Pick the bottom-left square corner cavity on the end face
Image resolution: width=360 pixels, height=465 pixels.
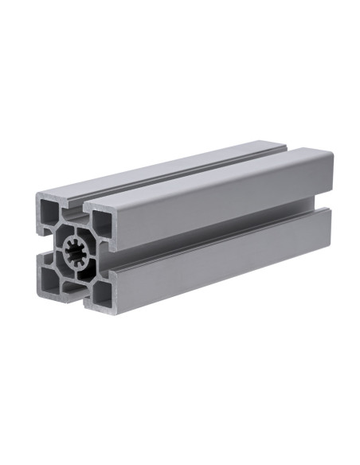click(x=50, y=276)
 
